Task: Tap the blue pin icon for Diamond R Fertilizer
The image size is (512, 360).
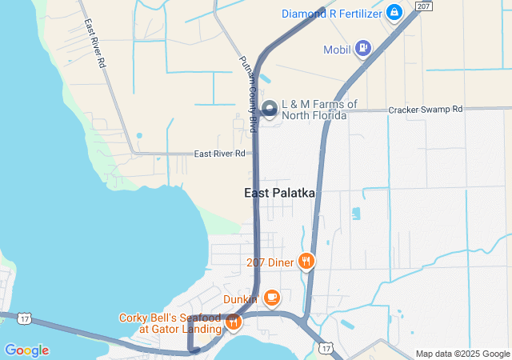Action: [x=394, y=12]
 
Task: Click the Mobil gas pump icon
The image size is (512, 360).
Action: [x=364, y=48]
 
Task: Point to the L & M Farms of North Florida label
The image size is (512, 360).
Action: [x=314, y=110]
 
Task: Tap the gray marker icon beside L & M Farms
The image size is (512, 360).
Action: [x=270, y=107]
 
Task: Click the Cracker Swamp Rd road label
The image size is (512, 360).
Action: [x=425, y=109]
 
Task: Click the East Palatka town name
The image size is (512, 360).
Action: [x=280, y=194]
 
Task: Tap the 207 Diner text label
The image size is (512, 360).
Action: [x=270, y=261]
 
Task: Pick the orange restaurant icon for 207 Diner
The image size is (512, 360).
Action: [x=306, y=261]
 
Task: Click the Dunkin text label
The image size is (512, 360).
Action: [x=240, y=299]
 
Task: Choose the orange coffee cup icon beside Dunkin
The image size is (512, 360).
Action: [x=272, y=298]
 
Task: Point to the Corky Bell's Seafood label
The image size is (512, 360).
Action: [x=170, y=323]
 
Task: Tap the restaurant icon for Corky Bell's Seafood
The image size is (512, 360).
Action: [x=234, y=322]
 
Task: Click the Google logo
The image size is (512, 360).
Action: [x=26, y=350]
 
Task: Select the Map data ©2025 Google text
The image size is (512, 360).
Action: [x=462, y=354]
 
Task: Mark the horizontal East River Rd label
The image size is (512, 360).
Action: [x=219, y=154]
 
